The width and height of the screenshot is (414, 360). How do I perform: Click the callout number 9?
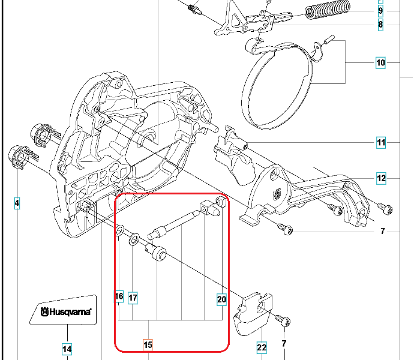(380, 10)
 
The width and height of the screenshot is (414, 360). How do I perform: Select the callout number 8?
(380, 25)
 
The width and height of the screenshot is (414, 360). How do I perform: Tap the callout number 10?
(380, 62)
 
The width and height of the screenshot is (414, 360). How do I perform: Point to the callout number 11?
(381, 143)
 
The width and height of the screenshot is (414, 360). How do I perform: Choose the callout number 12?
(381, 178)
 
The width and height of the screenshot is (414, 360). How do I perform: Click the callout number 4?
(17, 204)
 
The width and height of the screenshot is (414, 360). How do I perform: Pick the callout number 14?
(67, 349)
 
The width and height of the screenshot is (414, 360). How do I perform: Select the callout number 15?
(148, 345)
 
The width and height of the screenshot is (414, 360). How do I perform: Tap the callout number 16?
(119, 296)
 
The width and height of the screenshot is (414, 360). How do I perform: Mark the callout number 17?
(133, 297)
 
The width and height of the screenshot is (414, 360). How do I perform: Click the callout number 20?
(221, 299)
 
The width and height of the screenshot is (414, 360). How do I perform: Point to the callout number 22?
(262, 347)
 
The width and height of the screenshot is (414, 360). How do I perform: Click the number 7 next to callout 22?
(283, 344)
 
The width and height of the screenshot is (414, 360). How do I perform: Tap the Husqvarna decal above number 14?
(65, 311)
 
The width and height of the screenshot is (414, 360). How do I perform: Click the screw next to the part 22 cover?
(283, 320)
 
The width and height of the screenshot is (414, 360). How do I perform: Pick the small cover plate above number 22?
(254, 312)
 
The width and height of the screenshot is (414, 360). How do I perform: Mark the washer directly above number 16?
(120, 230)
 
